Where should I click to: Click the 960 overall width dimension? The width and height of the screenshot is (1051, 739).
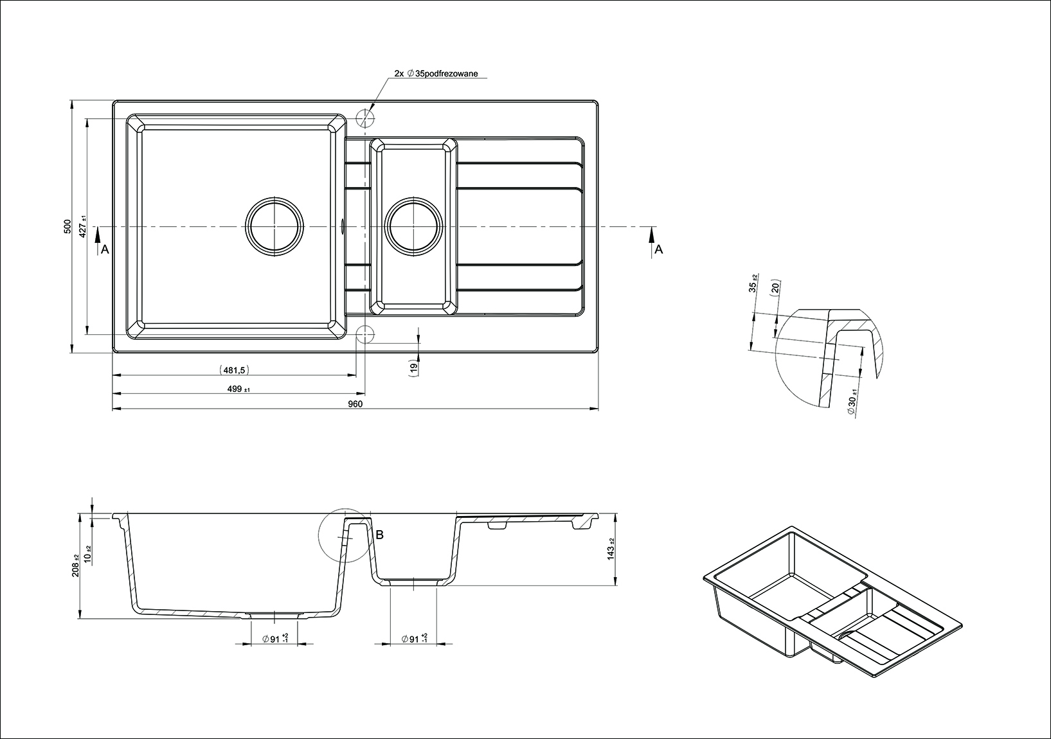(x=355, y=404)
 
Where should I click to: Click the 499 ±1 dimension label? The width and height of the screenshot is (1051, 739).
(x=238, y=389)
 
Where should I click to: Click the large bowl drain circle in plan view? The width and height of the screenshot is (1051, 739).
(x=274, y=226)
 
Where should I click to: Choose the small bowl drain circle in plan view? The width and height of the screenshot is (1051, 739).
(x=413, y=226)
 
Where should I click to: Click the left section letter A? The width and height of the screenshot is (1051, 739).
(x=105, y=250)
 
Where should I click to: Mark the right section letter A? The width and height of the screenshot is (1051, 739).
(x=658, y=250)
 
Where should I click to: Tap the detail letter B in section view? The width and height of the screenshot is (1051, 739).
(x=379, y=534)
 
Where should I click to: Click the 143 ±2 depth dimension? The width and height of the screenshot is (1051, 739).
(x=611, y=549)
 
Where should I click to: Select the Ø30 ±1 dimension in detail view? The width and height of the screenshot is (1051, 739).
(x=852, y=404)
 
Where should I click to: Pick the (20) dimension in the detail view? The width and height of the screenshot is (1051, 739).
(x=775, y=287)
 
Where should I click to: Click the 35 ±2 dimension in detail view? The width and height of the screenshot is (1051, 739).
(x=754, y=283)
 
